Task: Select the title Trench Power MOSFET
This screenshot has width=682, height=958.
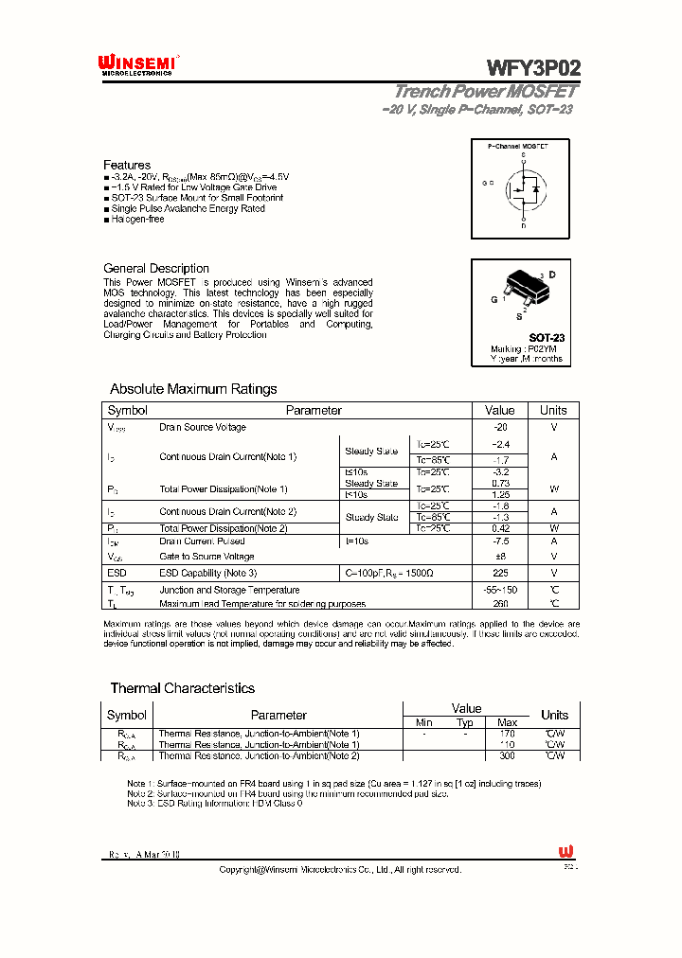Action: (x=485, y=92)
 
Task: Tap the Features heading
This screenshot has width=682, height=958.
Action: (x=127, y=165)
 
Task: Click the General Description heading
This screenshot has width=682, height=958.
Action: (x=156, y=268)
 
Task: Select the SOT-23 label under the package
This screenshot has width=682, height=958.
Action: (x=547, y=337)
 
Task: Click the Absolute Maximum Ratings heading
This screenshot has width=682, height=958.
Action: (x=193, y=389)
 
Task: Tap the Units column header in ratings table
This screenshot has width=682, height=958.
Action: (x=553, y=410)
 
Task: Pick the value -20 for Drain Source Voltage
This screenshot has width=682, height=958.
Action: (x=500, y=427)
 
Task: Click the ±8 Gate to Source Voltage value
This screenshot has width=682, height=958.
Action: (x=500, y=557)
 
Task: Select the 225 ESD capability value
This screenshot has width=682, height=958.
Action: (x=500, y=573)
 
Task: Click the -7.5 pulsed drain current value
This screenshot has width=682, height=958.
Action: (x=500, y=541)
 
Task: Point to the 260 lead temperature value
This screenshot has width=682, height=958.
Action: (x=500, y=603)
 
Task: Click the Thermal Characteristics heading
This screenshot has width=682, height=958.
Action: (x=182, y=688)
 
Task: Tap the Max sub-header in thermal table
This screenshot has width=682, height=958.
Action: (x=507, y=722)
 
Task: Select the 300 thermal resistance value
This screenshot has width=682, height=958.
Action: (x=507, y=756)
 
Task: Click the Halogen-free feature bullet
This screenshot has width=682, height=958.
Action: (x=137, y=219)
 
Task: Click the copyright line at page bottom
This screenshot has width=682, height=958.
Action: (x=340, y=869)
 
